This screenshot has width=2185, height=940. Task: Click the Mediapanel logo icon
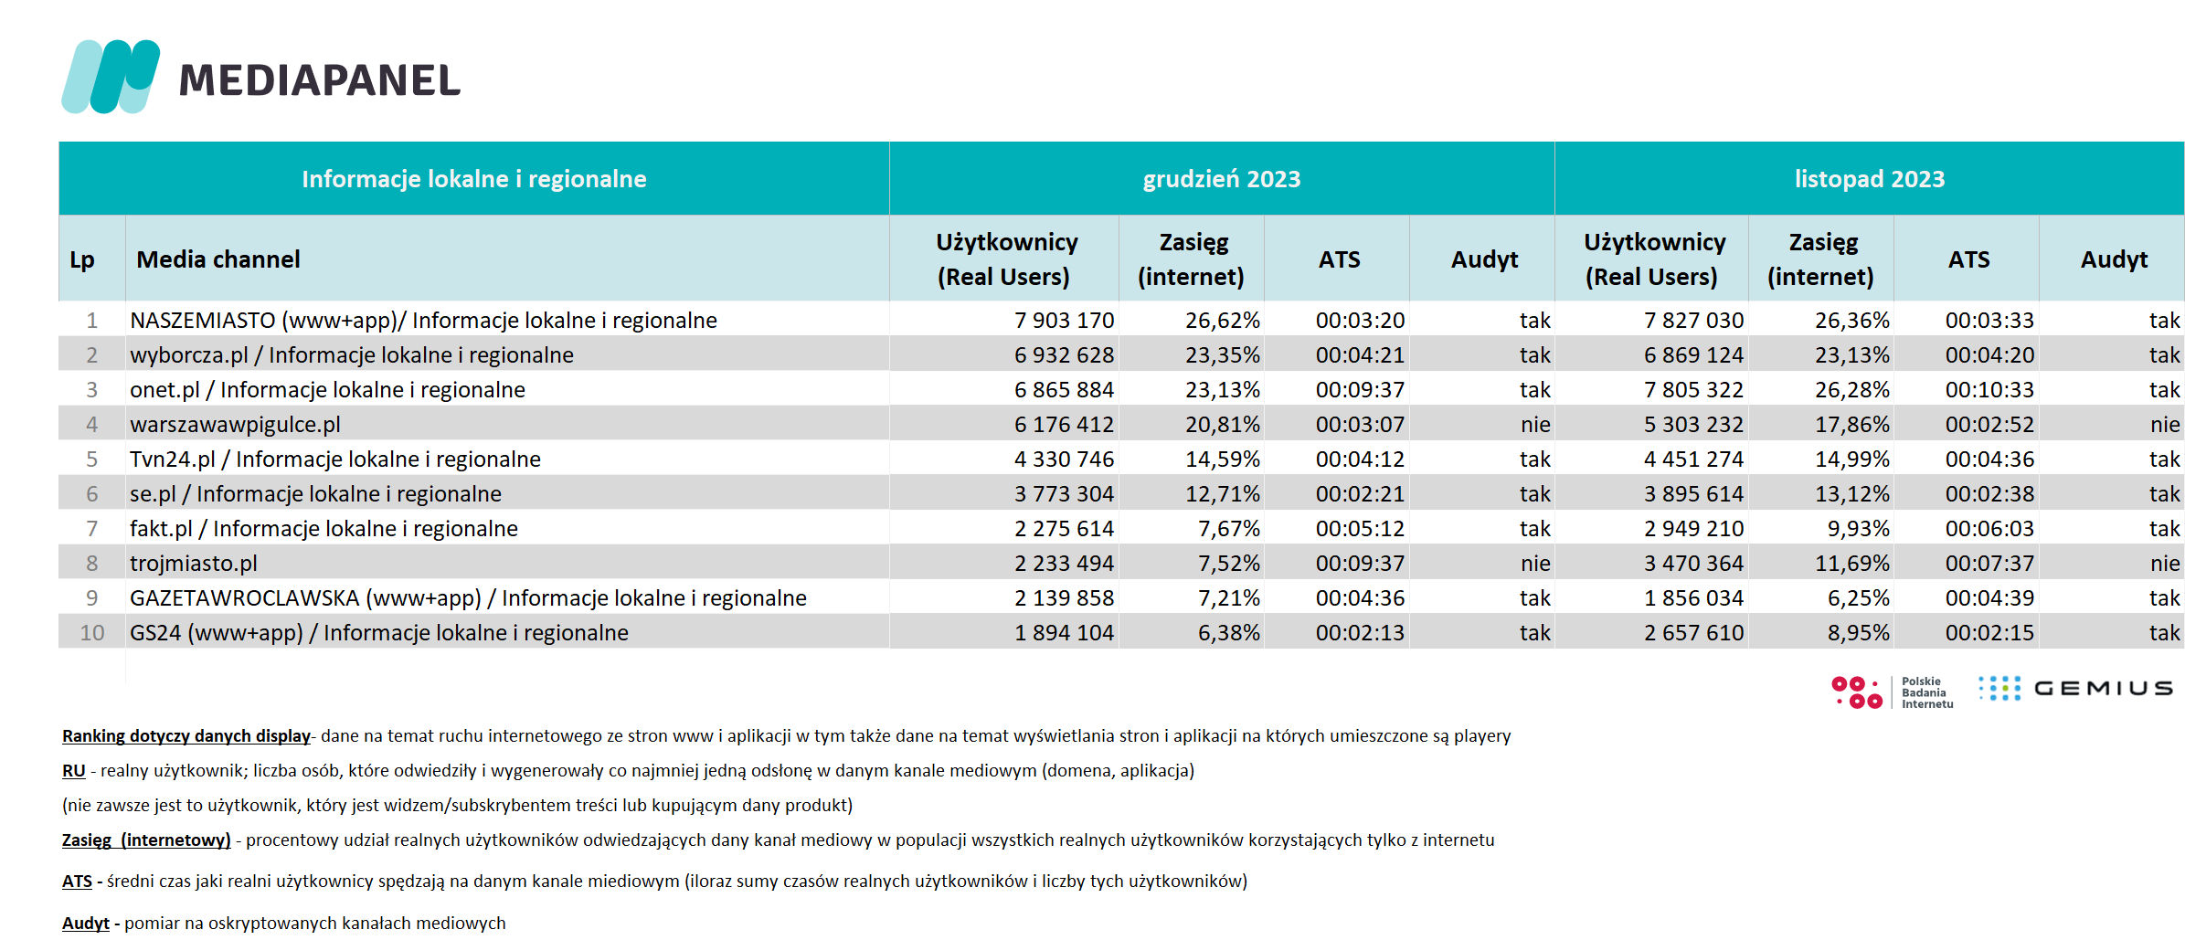111,77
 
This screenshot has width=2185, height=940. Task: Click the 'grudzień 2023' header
1221,179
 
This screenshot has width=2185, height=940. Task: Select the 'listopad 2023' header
1869,179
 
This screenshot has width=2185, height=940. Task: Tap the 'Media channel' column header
218,259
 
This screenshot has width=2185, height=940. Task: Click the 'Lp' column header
82,260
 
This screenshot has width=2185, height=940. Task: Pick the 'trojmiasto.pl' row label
194,564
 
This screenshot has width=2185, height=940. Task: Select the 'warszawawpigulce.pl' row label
235,425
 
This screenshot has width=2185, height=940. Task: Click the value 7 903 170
1064,321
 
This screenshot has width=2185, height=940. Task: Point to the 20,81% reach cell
1223,425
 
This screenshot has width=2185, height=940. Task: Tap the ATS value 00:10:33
1989,390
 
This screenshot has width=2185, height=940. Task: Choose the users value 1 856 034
1693,598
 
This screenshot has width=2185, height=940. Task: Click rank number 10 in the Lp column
92,633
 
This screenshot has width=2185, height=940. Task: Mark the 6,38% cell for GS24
1229,633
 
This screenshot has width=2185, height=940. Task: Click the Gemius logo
2075,689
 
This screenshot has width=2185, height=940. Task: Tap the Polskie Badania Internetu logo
1893,692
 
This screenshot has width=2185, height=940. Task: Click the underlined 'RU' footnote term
74,771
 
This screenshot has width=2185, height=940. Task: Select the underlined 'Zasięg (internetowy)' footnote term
146,840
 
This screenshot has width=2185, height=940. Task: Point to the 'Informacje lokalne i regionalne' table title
474,179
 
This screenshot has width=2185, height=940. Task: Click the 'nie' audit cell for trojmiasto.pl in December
1535,564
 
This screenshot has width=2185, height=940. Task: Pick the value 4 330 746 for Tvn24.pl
1064,459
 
